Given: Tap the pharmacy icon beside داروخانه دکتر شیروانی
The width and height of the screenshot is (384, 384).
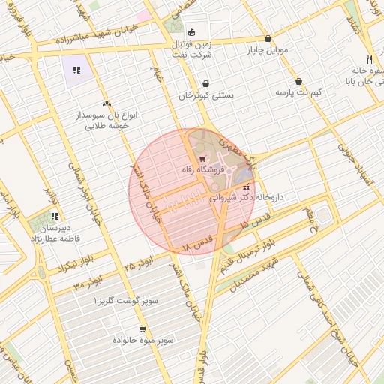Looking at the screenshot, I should coord(247,187).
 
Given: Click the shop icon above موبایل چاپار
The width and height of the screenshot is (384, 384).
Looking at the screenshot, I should coord(268,39).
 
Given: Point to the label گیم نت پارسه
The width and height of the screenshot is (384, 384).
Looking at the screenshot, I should coord(299,92).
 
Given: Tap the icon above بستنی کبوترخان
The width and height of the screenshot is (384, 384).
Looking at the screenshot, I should coord(206,84).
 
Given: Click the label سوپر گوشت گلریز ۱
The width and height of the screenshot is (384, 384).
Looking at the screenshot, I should coord(126,300).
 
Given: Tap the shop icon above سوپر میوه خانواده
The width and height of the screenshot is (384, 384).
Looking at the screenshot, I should coord(142,328).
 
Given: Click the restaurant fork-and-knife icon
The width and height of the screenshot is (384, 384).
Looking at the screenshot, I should coord(368,58).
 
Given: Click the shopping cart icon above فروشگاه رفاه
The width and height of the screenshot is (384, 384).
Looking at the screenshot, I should coord(202,158).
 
